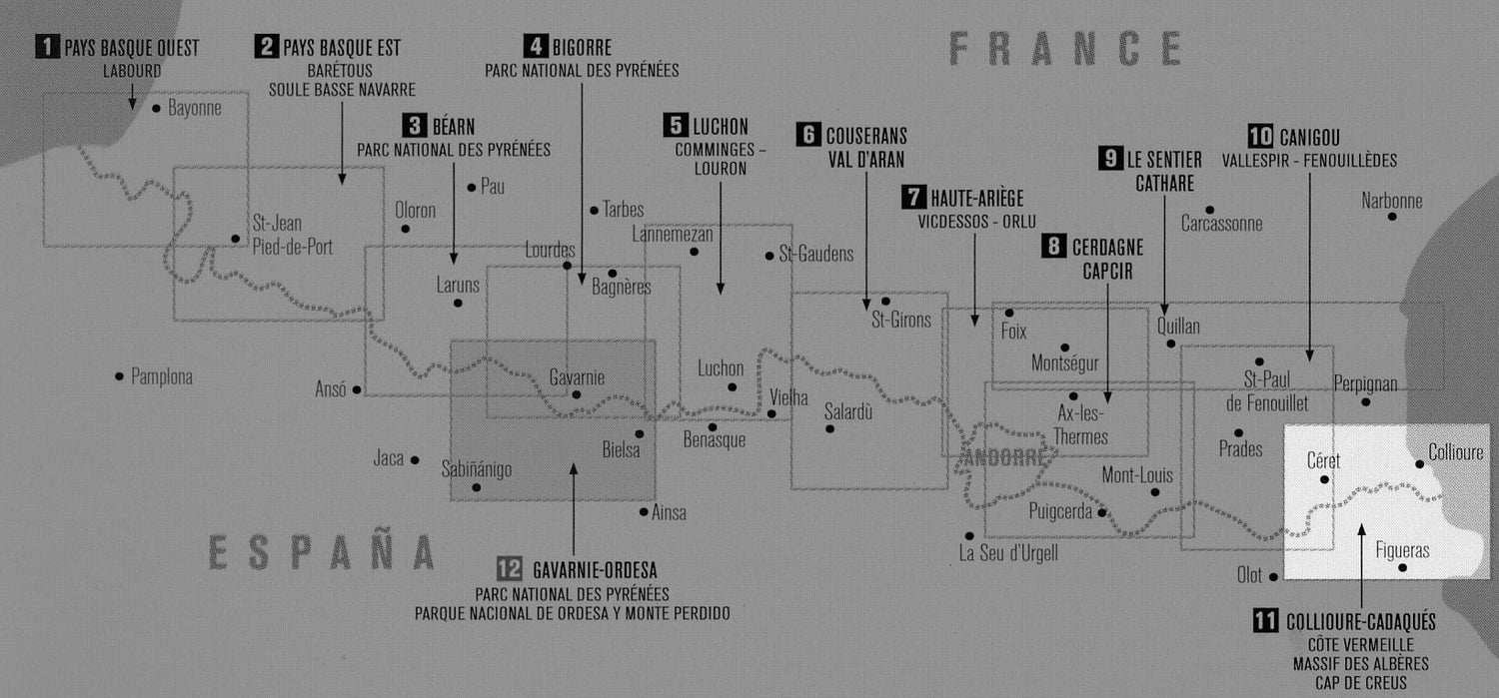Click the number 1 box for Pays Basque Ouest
(47, 47)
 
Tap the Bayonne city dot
(156, 107)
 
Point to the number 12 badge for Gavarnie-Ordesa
(509, 569)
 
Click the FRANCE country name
(1065, 48)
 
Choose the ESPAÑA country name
(321, 552)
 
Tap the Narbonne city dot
(1391, 217)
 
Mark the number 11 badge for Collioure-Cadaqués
(1265, 621)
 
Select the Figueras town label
(1402, 550)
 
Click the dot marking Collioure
(1419, 463)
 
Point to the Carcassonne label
(1221, 225)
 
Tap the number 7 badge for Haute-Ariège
(913, 197)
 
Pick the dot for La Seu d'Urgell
(968, 535)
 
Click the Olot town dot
(1273, 576)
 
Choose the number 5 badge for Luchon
(675, 126)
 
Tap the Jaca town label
(388, 459)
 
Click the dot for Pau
(472, 187)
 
